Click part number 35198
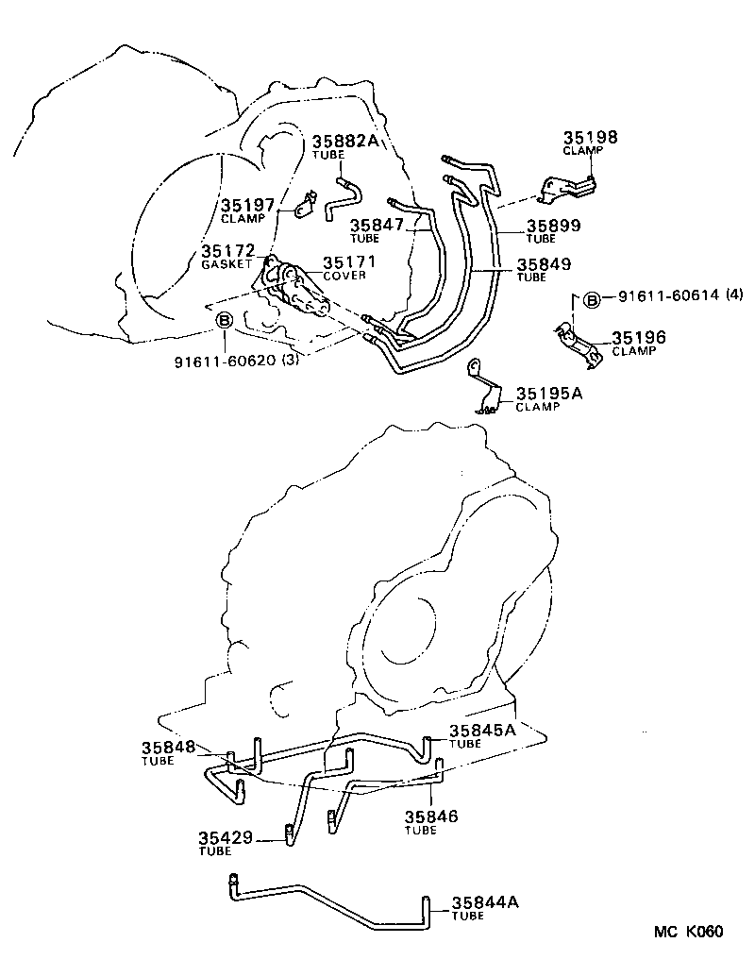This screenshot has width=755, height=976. point(591,137)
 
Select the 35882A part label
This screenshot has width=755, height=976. point(344,141)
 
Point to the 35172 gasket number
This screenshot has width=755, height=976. point(227,252)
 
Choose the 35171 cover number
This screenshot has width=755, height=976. point(350,262)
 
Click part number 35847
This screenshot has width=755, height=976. point(377,226)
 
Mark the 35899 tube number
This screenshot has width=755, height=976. point(553,226)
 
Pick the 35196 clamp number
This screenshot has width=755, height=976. point(639,337)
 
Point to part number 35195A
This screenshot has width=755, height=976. point(548,393)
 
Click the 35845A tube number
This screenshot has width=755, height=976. point(482,730)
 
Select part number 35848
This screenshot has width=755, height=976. point(168,747)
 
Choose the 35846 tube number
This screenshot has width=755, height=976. point(431,816)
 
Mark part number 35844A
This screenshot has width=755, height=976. point(485,902)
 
